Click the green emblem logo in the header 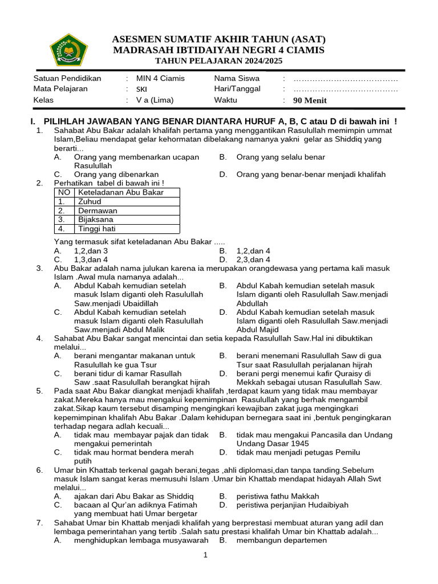click(x=69, y=50)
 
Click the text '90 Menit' click(x=310, y=100)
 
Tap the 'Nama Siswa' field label click(x=237, y=78)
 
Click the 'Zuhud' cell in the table click(x=90, y=201)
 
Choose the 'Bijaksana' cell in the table click(x=96, y=220)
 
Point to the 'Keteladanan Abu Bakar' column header click(x=121, y=192)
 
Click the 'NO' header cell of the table click(x=64, y=192)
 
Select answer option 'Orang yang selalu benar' click(x=281, y=157)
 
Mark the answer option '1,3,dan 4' click(x=91, y=259)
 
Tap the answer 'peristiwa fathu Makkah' click(x=278, y=496)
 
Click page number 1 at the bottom click(x=205, y=555)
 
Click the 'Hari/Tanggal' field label click(x=237, y=89)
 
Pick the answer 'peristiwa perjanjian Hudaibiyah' click(x=292, y=505)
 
